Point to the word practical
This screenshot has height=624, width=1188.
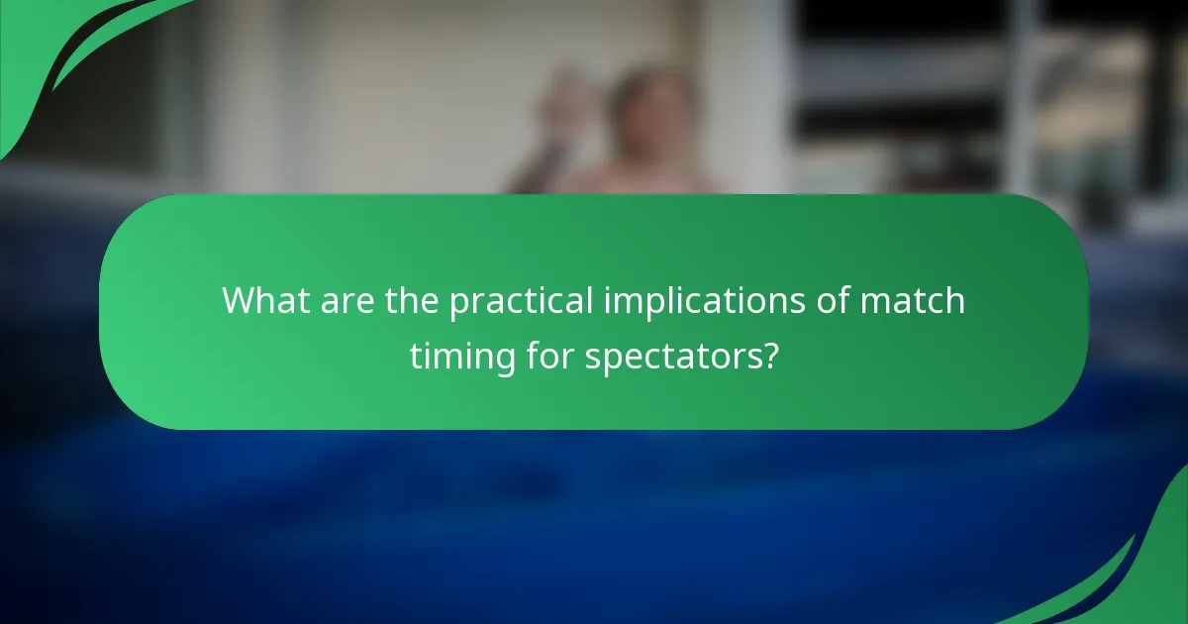(x=522, y=301)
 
